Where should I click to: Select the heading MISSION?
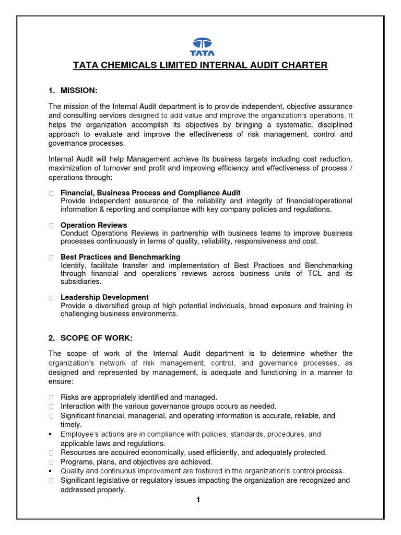point(79,91)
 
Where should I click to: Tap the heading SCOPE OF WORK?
point(94,337)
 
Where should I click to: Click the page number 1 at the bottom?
point(198,500)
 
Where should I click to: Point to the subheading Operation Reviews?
point(93,225)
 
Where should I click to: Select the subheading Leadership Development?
point(104,297)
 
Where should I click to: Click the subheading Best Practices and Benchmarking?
point(120,257)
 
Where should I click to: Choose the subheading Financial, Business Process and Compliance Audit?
point(150,193)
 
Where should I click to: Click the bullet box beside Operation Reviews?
point(51,226)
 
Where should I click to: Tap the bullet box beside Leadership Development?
point(51,298)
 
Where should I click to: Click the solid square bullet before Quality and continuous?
point(51,471)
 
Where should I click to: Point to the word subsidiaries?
point(81,282)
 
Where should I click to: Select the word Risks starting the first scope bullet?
point(70,397)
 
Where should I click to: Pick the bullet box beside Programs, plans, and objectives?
point(51,462)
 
